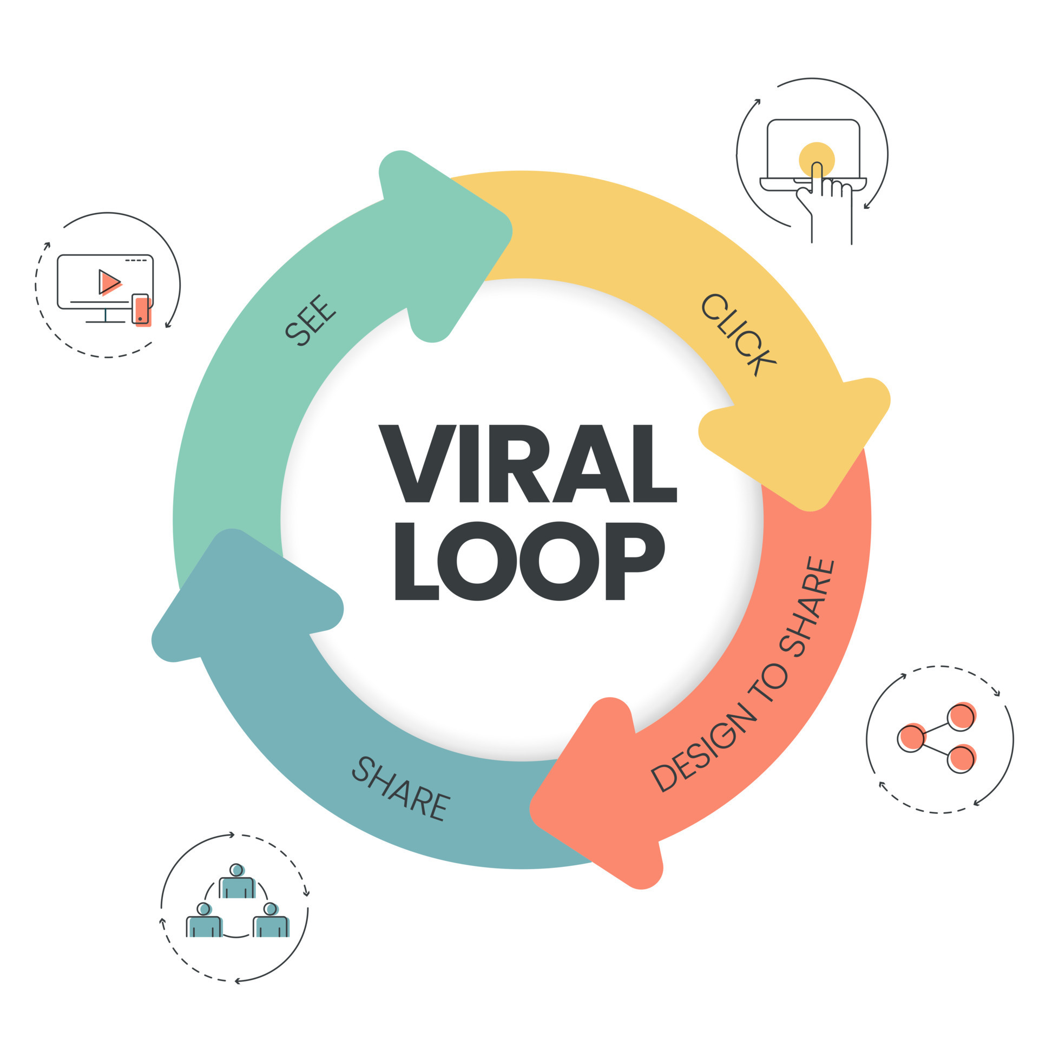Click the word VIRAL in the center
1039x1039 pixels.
[528, 463]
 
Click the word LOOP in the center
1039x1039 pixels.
[530, 561]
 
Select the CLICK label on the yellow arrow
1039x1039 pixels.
[738, 334]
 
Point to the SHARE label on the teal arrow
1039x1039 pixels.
[401, 789]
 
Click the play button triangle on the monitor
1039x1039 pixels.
[110, 282]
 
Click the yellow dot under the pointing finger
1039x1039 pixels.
[817, 160]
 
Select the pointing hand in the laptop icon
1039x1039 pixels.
[824, 203]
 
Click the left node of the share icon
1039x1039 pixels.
[911, 739]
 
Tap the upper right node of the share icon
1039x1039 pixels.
[961, 717]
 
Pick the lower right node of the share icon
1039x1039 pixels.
[961, 758]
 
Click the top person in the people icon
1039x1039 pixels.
[237, 882]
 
